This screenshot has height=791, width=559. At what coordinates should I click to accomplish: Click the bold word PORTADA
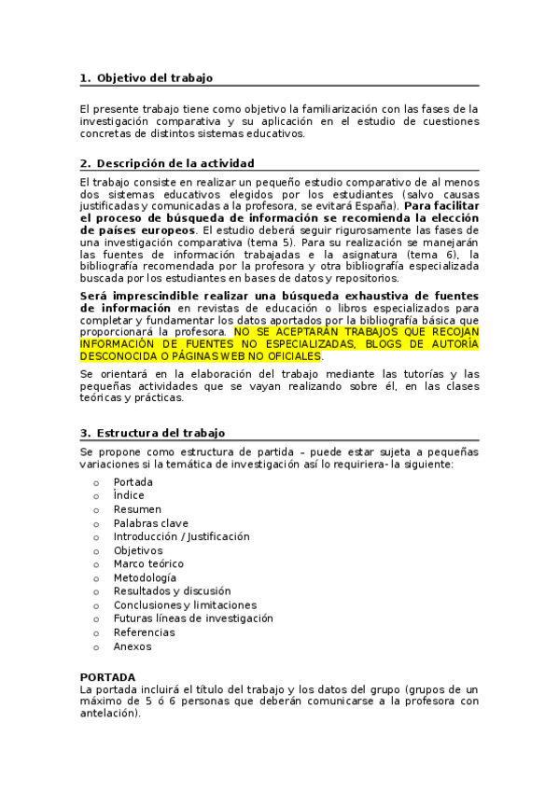107,676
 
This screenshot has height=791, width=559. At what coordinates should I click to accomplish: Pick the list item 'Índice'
129,495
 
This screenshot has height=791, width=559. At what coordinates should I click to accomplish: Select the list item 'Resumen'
137,509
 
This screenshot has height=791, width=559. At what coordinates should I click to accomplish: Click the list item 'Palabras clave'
151,523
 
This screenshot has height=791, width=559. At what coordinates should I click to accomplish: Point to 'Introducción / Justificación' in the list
182,536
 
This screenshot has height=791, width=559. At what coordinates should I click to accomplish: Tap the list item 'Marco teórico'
148,563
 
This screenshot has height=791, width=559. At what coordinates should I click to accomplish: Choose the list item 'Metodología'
145,577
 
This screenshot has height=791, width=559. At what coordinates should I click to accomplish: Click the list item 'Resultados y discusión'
172,591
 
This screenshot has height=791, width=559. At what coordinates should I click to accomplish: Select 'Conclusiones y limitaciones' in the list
185,604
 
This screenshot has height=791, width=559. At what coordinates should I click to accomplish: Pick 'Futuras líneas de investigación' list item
193,618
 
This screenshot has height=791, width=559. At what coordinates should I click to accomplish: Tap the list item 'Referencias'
144,632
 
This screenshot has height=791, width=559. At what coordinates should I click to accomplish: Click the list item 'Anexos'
133,645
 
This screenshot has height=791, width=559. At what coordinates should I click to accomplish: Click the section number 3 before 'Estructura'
84,433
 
